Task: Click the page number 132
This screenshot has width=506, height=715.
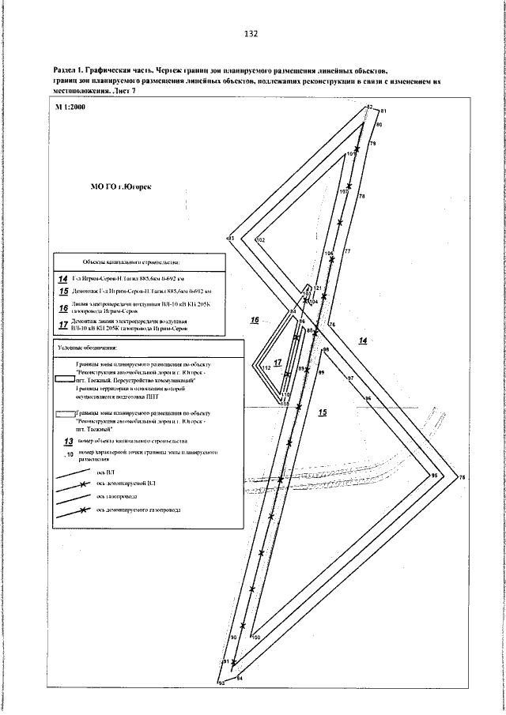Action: tap(251, 34)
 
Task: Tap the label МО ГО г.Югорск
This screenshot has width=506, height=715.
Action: tap(121, 188)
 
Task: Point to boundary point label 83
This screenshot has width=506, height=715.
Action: tap(231, 237)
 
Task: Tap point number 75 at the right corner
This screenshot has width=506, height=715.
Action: tap(463, 478)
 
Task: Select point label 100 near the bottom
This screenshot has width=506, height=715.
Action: tap(255, 637)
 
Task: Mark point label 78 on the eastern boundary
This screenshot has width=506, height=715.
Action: tap(362, 195)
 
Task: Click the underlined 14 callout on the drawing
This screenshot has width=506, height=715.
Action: tap(363, 341)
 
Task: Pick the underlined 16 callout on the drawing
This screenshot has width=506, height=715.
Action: tap(255, 320)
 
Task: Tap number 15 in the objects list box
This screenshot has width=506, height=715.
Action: tap(63, 292)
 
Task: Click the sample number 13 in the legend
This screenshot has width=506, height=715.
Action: tap(68, 441)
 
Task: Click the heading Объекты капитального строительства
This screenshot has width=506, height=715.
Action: tap(130, 262)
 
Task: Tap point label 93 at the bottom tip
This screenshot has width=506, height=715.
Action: tap(222, 681)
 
